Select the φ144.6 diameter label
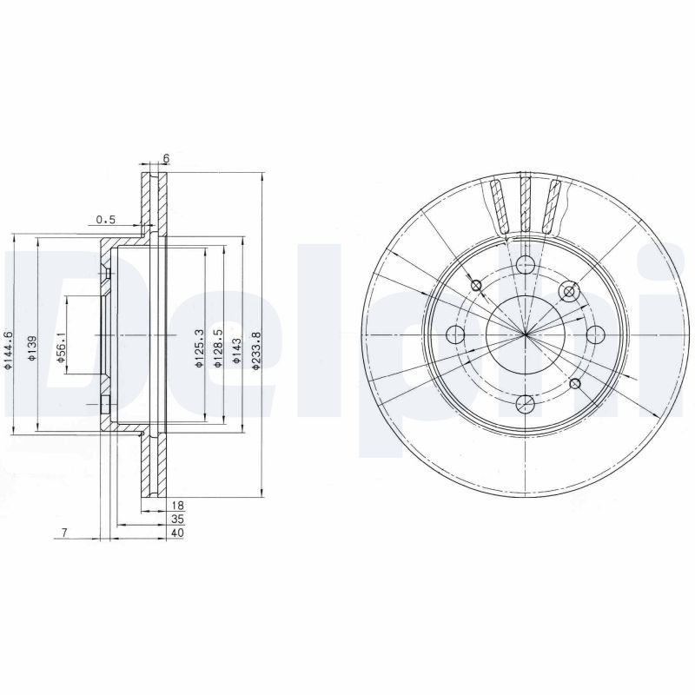coord(7,350)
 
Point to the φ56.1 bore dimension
coord(61,348)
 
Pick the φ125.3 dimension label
coord(199,348)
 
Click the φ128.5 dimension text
coord(217,348)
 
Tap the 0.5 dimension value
coord(106,219)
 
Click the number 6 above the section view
coord(166,158)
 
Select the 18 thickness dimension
coord(177,506)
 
